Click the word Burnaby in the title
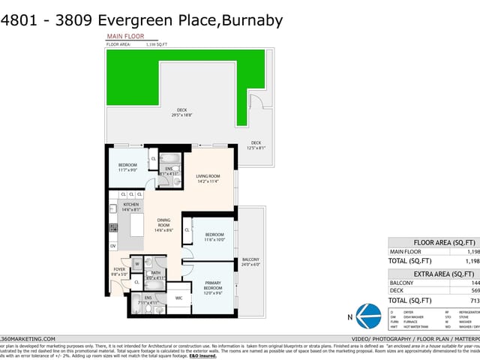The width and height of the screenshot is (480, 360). tap(251, 20)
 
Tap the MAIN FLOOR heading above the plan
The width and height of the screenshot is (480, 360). tap(125, 36)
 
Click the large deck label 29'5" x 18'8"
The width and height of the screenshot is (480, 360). tap(181, 112)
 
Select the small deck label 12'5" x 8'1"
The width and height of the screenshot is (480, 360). tap(256, 145)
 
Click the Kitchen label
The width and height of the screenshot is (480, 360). tap(130, 207)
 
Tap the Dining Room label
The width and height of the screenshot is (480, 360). tap(163, 225)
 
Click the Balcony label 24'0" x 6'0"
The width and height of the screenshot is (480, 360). tap(250, 262)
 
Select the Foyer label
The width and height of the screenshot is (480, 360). tap(119, 271)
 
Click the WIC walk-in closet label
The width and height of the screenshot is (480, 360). tap(179, 298)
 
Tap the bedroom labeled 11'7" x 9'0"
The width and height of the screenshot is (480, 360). tap(127, 167)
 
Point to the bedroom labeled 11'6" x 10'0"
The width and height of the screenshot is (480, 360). tap(215, 236)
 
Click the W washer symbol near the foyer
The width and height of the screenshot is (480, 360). tap(137, 264)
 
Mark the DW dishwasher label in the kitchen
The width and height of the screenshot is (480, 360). tap(113, 245)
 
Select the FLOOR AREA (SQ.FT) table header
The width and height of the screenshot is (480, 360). tap(445, 242)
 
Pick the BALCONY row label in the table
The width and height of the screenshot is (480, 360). tap(402, 283)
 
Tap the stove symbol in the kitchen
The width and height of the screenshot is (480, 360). tap(114, 227)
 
